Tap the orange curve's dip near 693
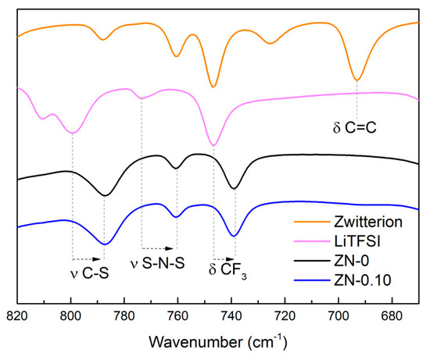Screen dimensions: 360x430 [357, 80]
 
